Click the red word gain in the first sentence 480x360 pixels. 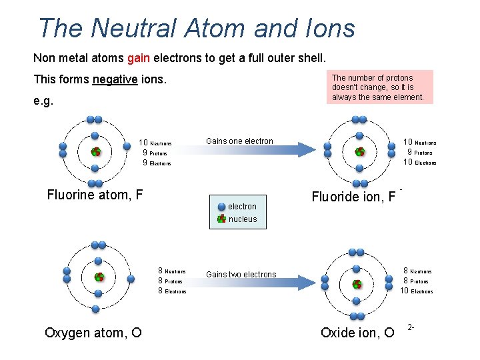(x=138, y=58)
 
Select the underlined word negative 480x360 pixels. (x=115, y=79)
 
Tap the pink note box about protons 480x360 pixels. (x=382, y=87)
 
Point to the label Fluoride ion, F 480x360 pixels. (x=353, y=197)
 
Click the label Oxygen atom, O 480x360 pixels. (x=93, y=332)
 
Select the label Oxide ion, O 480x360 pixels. (x=357, y=332)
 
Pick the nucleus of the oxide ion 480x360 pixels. (x=358, y=283)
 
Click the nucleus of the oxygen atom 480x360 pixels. (x=99, y=277)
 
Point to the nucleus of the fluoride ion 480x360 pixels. (x=359, y=152)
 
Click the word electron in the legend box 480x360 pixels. (x=242, y=207)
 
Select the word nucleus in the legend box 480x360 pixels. (x=243, y=219)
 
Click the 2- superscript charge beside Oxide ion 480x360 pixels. (x=411, y=327)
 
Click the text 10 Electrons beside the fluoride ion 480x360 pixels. (x=419, y=163)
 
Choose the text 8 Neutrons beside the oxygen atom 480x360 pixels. (x=172, y=271)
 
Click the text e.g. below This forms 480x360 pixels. (x=43, y=102)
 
